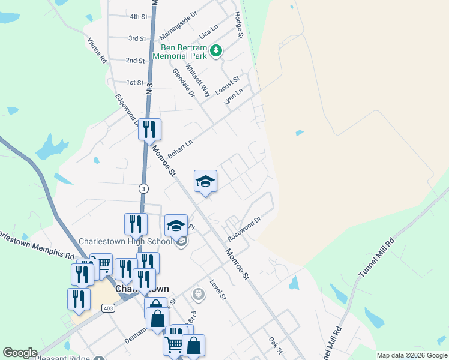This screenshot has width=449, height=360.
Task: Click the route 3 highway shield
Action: coord(143,188)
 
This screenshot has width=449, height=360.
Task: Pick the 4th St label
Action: coord(139,17)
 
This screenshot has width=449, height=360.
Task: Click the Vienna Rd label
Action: coord(97,51)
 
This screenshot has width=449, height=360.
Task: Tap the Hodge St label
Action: coord(238,25)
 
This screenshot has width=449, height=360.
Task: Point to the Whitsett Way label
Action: coord(198,80)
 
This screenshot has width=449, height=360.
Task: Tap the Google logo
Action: coord(20,353)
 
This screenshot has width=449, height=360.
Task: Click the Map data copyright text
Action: coord(412,355)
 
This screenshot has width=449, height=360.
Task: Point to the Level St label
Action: coord(217,290)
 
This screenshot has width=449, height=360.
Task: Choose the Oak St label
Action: coord(276,344)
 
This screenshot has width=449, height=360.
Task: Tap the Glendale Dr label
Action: coord(184,82)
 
